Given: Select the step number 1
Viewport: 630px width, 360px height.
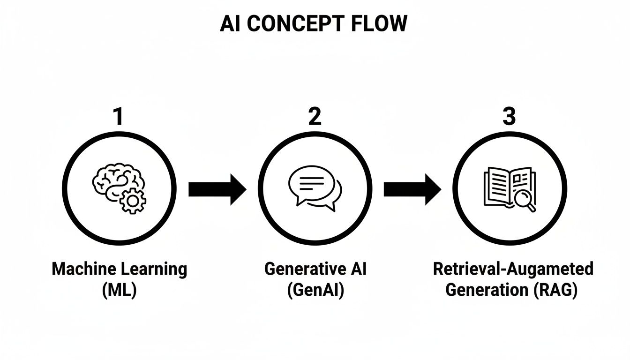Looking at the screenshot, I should click(x=119, y=117).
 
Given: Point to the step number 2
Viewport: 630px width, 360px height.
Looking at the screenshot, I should click(x=315, y=117).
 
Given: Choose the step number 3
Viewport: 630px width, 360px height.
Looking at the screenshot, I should click(x=509, y=117).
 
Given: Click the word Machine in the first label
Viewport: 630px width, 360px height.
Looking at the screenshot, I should click(x=79, y=269).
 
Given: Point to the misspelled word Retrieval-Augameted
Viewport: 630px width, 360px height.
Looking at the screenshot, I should click(x=513, y=270).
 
